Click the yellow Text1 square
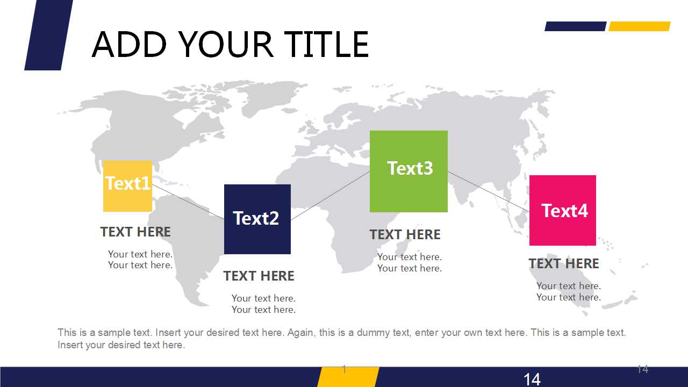[x=127, y=186]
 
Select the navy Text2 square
[x=257, y=219]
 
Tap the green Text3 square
[x=408, y=171]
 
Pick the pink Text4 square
[x=563, y=210]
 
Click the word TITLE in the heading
[x=326, y=45]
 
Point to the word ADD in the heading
[x=130, y=45]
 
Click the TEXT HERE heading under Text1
[x=135, y=232]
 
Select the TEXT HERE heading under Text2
[x=259, y=276]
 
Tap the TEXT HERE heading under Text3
[x=405, y=235]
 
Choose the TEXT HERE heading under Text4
[x=564, y=263]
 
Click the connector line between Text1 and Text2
[x=188, y=202]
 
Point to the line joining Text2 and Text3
[x=330, y=196]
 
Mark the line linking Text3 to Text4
[x=489, y=192]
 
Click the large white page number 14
[x=532, y=379]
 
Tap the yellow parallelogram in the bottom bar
[x=348, y=377]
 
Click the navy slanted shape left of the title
[x=49, y=35]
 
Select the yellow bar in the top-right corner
[x=640, y=26]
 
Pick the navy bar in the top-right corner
[x=576, y=26]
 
